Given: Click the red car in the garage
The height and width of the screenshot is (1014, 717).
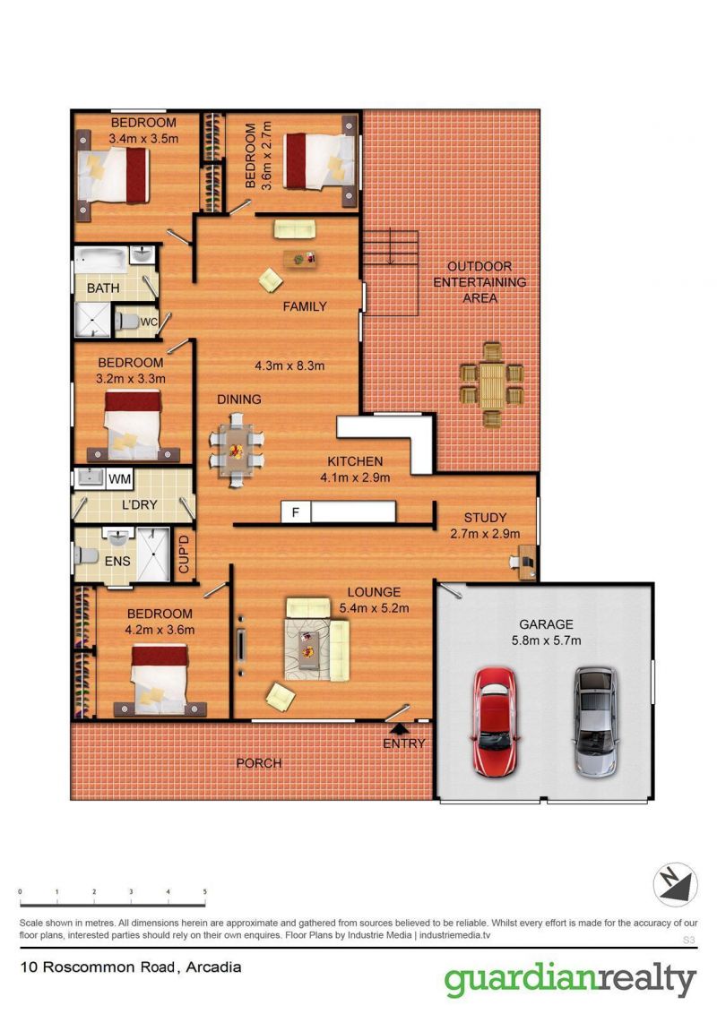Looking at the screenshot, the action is tap(495, 722).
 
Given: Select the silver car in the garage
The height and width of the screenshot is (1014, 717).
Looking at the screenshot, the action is tap(595, 722).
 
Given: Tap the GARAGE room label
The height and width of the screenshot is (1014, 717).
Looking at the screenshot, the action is tap(546, 624).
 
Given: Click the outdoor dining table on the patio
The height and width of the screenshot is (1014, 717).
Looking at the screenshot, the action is tap(491, 385).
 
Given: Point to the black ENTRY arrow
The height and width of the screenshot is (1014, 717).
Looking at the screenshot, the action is tap(399, 730).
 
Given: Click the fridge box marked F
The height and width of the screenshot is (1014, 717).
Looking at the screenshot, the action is tap(296, 512).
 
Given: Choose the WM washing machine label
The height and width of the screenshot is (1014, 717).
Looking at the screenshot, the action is tap(120, 479).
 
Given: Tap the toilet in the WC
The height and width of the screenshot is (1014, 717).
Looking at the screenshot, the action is tap(128, 321).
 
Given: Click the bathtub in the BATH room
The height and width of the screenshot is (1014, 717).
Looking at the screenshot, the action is tap(101, 259).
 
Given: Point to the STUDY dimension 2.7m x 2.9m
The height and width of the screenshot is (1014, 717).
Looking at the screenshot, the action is tap(485, 534).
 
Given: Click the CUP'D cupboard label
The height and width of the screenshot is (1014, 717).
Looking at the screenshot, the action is tap(184, 554).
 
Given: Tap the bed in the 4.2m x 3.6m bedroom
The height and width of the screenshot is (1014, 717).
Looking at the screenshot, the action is tap(160, 678).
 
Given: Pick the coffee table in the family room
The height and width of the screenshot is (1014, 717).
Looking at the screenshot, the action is tap(299, 259).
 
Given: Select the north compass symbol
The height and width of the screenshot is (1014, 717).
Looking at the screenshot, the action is tap(675, 885).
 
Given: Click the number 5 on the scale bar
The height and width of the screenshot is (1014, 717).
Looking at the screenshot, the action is tap(205, 892).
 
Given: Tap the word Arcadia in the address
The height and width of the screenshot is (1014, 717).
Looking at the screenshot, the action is tap(213, 967).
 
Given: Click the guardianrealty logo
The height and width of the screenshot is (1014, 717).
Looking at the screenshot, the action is tap(570, 981).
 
